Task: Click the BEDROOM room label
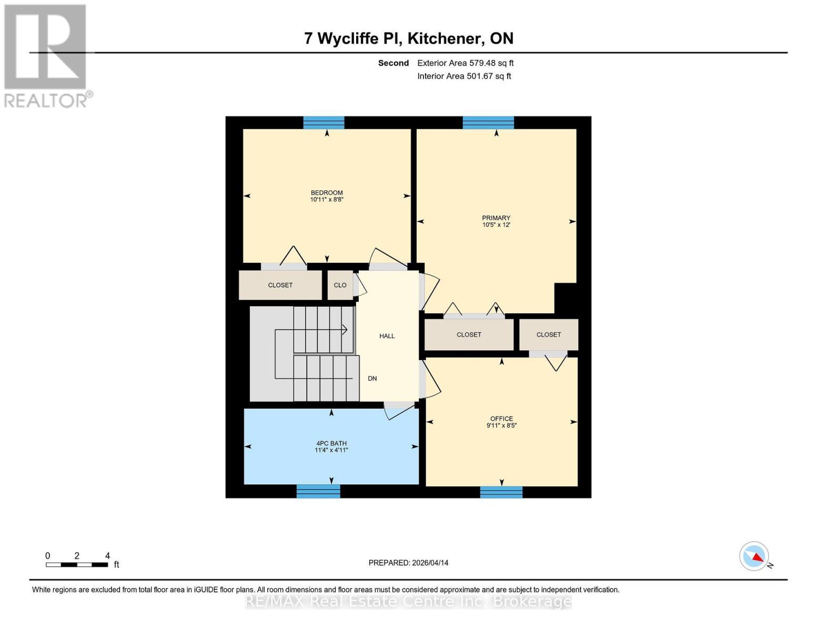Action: [x=327, y=192]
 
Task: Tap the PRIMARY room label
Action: [x=496, y=218]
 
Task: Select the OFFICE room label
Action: [x=501, y=419]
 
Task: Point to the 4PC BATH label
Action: [x=331, y=443]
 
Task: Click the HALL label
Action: [x=387, y=336]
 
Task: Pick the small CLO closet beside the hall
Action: [x=340, y=285]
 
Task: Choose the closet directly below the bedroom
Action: [x=280, y=285]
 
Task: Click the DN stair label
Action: [x=372, y=379]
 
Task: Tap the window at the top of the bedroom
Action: [x=324, y=123]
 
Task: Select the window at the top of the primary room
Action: [x=488, y=123]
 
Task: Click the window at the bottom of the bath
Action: [x=318, y=491]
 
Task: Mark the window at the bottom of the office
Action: [x=501, y=492]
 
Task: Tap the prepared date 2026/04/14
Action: [x=408, y=563]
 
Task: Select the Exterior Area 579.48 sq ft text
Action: [x=465, y=63]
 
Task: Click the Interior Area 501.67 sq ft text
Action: [x=464, y=76]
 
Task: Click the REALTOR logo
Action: [x=46, y=56]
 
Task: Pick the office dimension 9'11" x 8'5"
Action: [x=501, y=426]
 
